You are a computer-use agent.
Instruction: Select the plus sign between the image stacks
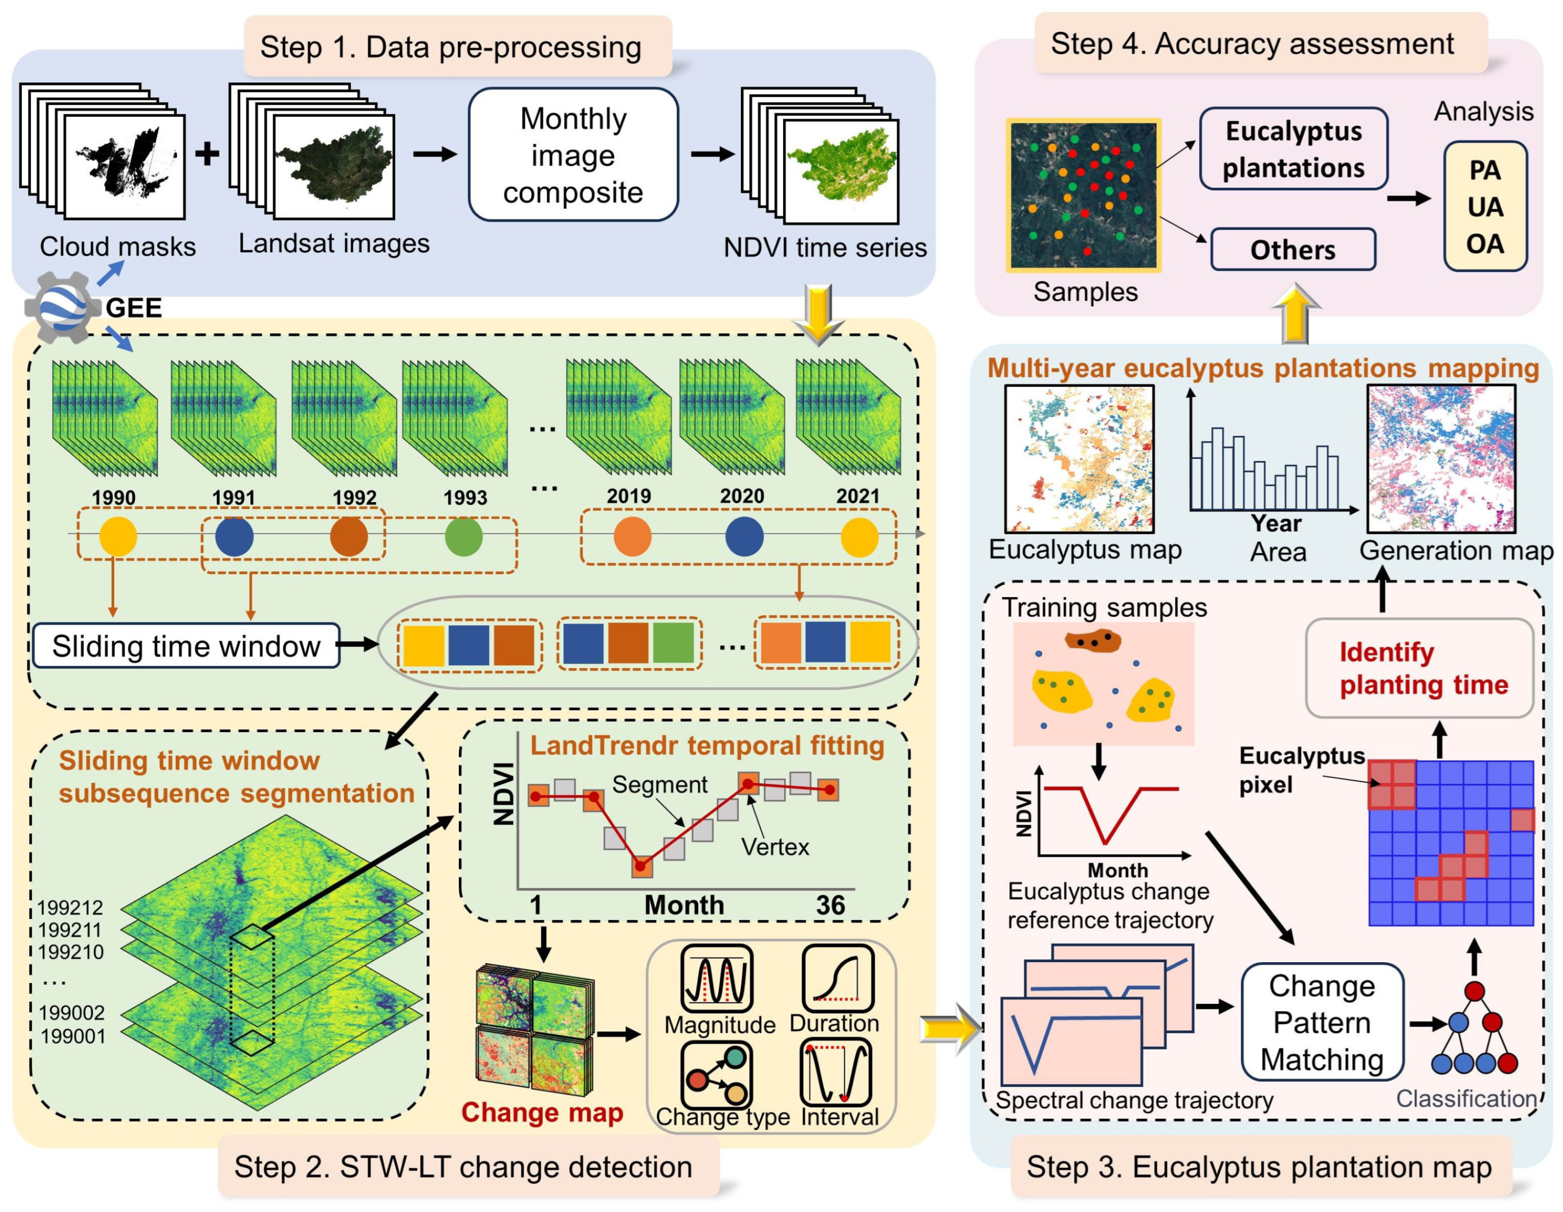click(x=207, y=154)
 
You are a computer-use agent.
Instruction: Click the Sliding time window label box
click(x=186, y=646)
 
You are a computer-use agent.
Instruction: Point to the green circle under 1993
click(x=464, y=537)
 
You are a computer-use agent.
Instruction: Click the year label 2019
click(x=628, y=496)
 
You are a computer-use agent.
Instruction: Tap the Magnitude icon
click(x=716, y=978)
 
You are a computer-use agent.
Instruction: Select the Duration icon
click(x=837, y=977)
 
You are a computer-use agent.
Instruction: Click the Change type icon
click(x=716, y=1075)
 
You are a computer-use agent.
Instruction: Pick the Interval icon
click(x=836, y=1073)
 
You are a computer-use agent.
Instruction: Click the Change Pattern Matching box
click(x=1322, y=1022)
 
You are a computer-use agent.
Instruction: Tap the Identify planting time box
click(x=1419, y=668)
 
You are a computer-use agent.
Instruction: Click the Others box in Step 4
click(x=1292, y=250)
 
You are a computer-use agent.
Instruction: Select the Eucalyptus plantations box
click(x=1293, y=149)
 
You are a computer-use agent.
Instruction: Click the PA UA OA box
click(x=1485, y=207)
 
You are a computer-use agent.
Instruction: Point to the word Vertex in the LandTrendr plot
click(x=775, y=847)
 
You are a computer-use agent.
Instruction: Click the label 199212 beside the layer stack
click(x=70, y=908)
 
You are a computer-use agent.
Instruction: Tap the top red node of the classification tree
click(x=1474, y=991)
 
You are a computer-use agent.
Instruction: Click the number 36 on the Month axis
click(x=830, y=905)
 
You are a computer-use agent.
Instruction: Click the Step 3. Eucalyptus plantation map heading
click(x=1259, y=1166)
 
